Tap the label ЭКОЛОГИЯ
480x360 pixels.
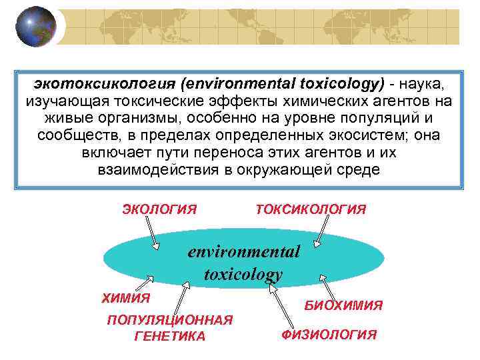pos(159,210)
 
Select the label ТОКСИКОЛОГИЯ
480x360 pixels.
pos(311,210)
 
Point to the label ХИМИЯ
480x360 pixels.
pos(126,297)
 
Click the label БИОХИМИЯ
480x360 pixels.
pos(343,305)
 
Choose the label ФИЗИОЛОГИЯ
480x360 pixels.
pos(329,335)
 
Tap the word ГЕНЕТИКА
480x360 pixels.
pos(170,337)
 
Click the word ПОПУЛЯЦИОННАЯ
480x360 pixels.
pos(170,320)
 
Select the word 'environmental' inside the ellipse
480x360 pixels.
pos(244,252)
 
